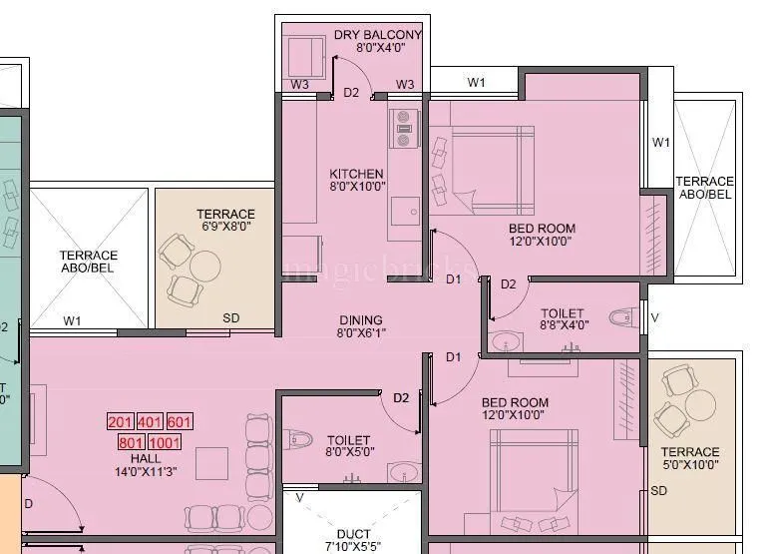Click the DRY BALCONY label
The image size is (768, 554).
pyautogui.click(x=377, y=35)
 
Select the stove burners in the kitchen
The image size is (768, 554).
pyautogui.click(x=405, y=127)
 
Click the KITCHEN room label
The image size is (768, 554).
pyautogui.click(x=356, y=174)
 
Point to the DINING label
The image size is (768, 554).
pyautogui.click(x=360, y=319)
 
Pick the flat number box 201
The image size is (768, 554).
pyautogui.click(x=121, y=422)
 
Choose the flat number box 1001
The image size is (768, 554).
pyautogui.click(x=164, y=442)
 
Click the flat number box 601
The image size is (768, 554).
pyautogui.click(x=180, y=422)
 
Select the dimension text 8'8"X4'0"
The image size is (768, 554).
pyautogui.click(x=564, y=324)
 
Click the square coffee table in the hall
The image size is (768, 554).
pyautogui.click(x=212, y=464)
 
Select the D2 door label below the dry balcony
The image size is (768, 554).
pyautogui.click(x=351, y=93)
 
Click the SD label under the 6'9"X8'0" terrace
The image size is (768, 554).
pyautogui.click(x=230, y=318)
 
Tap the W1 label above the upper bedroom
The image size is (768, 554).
pyautogui.click(x=477, y=82)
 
